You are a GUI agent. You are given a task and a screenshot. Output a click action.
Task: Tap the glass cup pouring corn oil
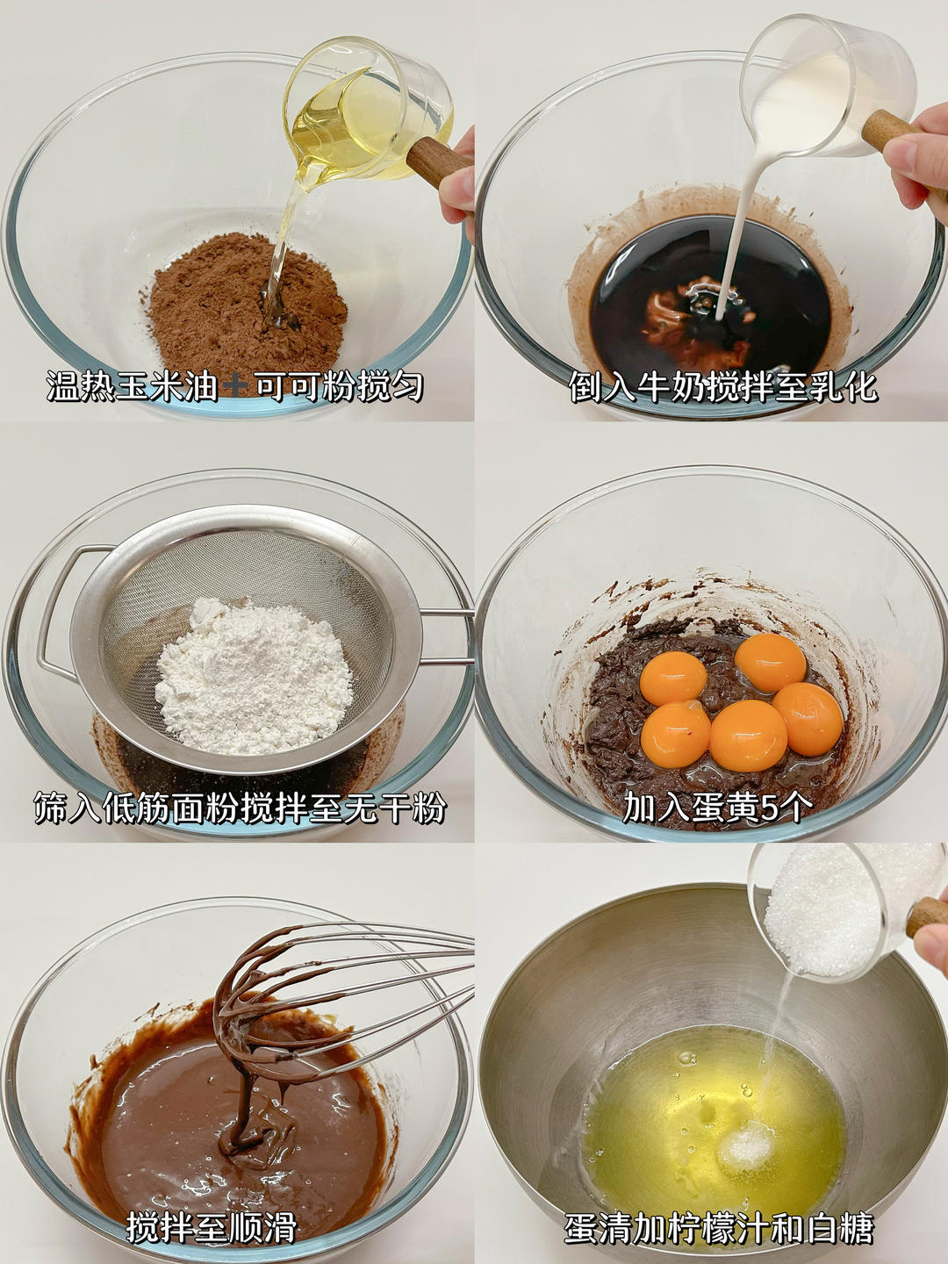(x=369, y=115)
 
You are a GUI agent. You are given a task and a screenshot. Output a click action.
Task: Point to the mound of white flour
(x=254, y=675)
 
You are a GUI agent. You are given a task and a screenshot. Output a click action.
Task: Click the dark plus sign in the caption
(x=235, y=386)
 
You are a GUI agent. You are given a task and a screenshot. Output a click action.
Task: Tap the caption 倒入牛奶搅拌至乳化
(x=723, y=386)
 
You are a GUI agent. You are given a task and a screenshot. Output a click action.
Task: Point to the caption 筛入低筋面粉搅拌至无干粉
(x=240, y=808)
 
